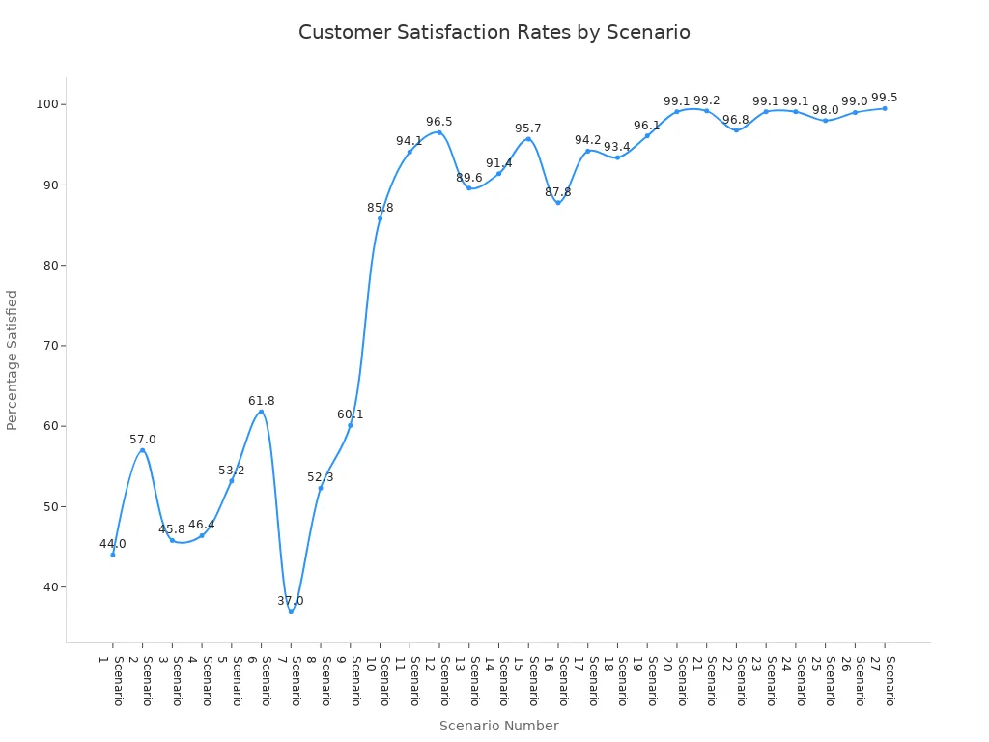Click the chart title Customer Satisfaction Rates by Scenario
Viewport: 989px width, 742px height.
(494, 32)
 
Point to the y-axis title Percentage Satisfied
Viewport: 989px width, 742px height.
(13, 359)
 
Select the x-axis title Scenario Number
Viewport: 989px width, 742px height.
(498, 726)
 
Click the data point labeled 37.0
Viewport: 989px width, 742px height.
(291, 611)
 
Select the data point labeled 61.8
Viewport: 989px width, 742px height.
(261, 412)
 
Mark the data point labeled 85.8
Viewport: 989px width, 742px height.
(380, 218)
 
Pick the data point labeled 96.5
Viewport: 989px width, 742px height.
(439, 132)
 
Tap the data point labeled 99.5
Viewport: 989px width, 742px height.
(884, 108)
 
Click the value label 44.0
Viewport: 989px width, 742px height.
(113, 544)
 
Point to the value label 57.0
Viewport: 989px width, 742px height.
(143, 440)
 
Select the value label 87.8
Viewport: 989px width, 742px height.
(558, 192)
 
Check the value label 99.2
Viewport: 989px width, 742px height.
(707, 100)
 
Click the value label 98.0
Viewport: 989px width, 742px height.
(826, 110)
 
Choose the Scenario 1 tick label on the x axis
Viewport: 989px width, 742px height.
(111, 681)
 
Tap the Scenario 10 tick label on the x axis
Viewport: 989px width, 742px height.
(378, 681)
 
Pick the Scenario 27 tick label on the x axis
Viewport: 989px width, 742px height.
(882, 681)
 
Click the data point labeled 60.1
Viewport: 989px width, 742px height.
(350, 425)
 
